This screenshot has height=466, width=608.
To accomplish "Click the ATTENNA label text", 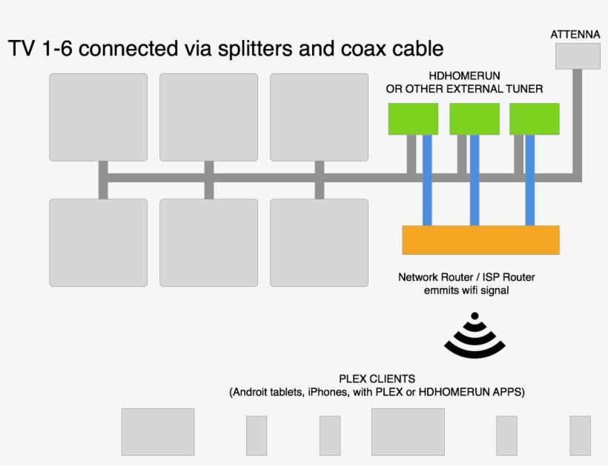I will pyautogui.click(x=575, y=34).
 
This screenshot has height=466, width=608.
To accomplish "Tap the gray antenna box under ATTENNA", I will pyautogui.click(x=578, y=56).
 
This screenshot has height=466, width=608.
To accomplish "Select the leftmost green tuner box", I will pyautogui.click(x=414, y=119).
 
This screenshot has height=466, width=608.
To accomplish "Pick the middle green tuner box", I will pyautogui.click(x=475, y=119).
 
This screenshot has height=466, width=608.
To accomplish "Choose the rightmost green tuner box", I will pyautogui.click(x=534, y=119).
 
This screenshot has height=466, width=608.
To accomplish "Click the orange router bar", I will pyautogui.click(x=480, y=240).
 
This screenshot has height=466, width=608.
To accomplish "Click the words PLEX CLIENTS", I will pyautogui.click(x=377, y=379).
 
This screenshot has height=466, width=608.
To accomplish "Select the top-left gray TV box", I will pyautogui.click(x=98, y=117).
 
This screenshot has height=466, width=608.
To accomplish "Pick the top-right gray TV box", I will pyautogui.click(x=319, y=117).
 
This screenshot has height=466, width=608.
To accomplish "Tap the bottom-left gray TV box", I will pyautogui.click(x=98, y=242).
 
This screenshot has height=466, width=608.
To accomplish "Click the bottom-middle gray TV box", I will pyautogui.click(x=208, y=242).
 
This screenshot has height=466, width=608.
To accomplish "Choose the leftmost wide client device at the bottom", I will pyautogui.click(x=158, y=432).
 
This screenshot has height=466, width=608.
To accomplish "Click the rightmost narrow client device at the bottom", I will pyautogui.click(x=580, y=436).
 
